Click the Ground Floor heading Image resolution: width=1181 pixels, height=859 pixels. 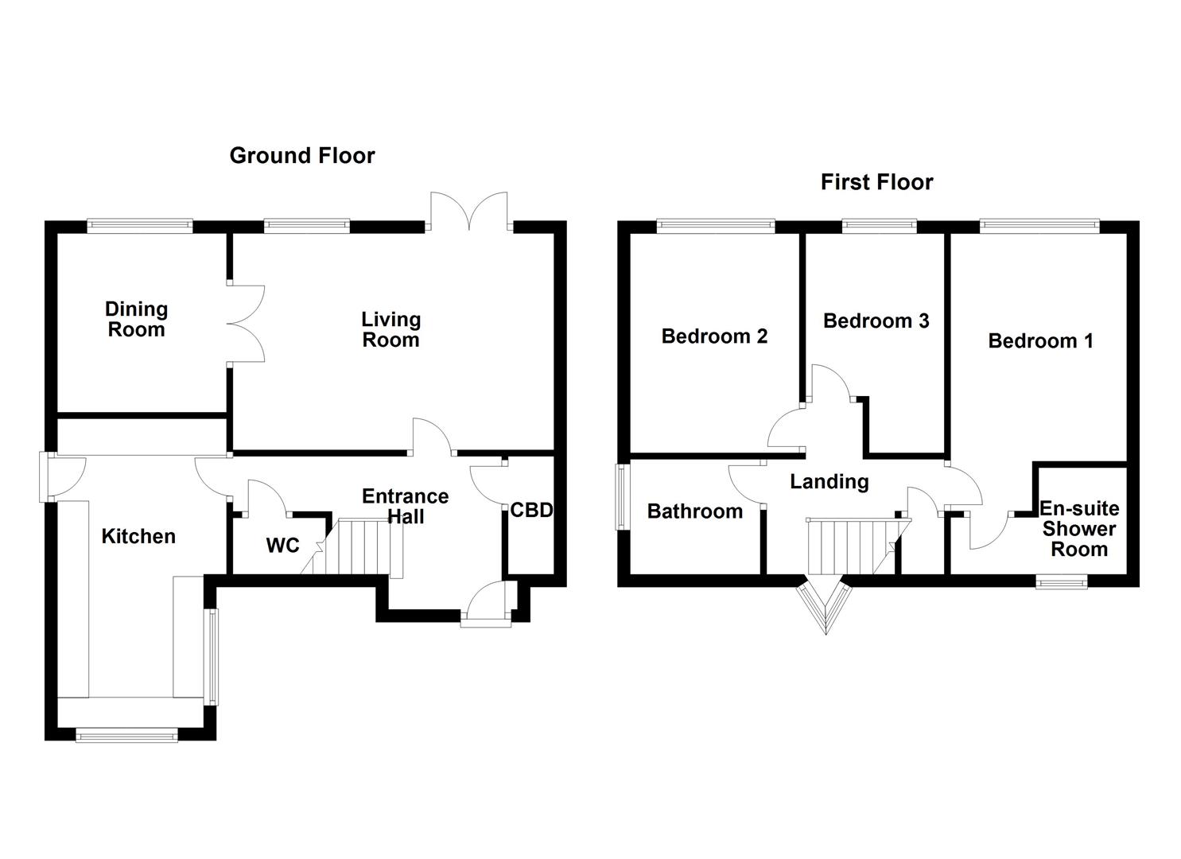click(301, 155)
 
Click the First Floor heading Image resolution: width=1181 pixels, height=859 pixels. click(876, 182)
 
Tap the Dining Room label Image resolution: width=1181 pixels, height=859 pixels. click(136, 319)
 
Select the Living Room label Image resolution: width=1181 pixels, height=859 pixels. click(390, 329)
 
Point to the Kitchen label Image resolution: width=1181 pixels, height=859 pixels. click(138, 536)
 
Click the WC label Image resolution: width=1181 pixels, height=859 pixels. click(282, 545)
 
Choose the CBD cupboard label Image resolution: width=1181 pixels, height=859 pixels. click(531, 510)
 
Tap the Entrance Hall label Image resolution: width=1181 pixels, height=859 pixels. click(405, 507)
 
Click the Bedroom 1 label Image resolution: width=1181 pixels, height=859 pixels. click(1040, 341)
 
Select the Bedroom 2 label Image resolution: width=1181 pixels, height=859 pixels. click(714, 336)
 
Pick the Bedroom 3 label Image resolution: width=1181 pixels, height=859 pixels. click(876, 321)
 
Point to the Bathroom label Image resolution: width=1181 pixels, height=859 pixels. click(694, 511)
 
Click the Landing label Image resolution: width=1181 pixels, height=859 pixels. click(829, 482)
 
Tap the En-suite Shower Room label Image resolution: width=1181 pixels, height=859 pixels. click(1079, 529)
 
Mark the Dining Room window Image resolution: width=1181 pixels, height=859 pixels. click(140, 227)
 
